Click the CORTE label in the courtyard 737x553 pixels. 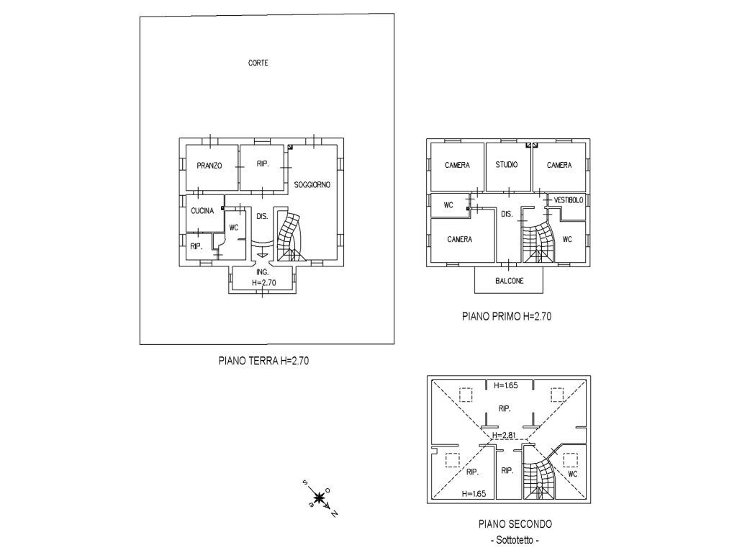tap(258, 63)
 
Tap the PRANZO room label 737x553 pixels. tap(209, 166)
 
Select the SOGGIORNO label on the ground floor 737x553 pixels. tap(312, 185)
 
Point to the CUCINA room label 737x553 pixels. tap(202, 211)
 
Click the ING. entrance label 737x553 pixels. tap(262, 272)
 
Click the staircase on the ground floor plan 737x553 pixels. tap(289, 237)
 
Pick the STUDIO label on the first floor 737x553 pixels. tap(507, 165)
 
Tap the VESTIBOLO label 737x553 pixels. tap(569, 200)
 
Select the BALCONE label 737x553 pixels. tap(509, 281)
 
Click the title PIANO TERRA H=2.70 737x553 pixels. tap(263, 361)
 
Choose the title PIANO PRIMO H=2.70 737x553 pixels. tap(507, 317)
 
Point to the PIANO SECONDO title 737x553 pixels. tap(515, 524)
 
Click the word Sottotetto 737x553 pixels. tap(515, 540)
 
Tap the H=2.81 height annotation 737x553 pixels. tap(504, 435)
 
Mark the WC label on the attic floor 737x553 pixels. tap(572, 474)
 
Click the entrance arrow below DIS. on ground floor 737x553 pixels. tap(262, 253)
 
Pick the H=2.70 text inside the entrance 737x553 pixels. tap(264, 282)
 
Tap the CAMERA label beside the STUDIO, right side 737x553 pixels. tap(559, 165)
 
